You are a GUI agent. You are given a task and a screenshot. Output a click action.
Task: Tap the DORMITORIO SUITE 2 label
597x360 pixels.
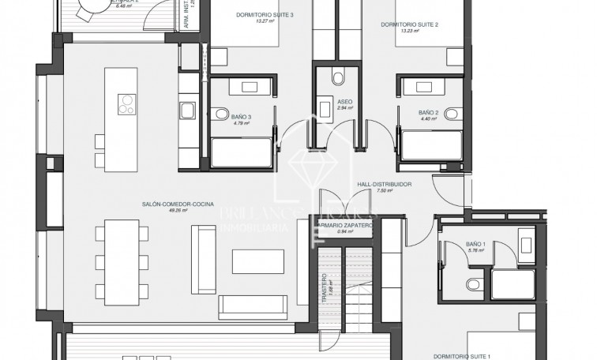pyautogui.click(x=409, y=24)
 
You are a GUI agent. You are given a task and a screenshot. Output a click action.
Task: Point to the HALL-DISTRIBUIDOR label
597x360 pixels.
pyautogui.click(x=385, y=183)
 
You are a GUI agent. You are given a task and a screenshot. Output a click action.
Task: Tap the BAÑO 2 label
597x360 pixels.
pyautogui.click(x=428, y=112)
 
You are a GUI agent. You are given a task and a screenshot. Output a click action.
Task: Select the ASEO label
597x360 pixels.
pyautogui.click(x=344, y=102)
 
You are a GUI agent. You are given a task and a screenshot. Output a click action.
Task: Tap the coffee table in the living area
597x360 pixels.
pyautogui.click(x=258, y=261)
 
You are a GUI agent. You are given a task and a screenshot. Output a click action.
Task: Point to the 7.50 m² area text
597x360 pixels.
pyautogui.click(x=385, y=190)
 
